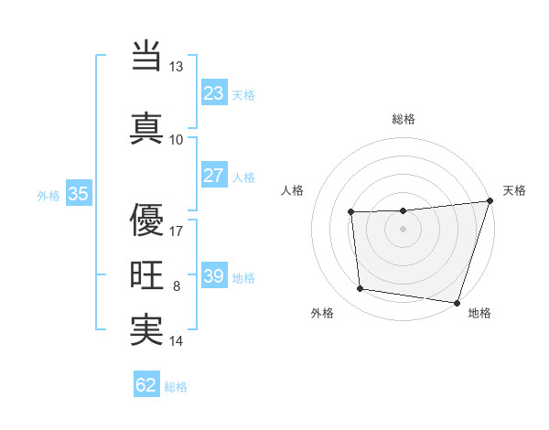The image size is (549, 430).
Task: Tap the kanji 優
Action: pos(146,220)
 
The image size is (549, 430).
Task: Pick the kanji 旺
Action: pos(146,275)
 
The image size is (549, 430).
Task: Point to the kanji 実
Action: pos(146,330)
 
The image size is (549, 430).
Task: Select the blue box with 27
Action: pos(214,176)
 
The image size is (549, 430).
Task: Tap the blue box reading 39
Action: pos(214,276)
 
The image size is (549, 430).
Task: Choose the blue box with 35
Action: pos(78,194)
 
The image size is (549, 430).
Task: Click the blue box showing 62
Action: pos(146,385)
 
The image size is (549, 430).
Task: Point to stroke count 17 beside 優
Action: pos(177,231)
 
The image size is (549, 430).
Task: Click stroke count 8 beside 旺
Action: pos(177,286)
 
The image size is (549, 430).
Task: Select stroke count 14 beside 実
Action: pos(177,341)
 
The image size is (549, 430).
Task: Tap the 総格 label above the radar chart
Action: pos(404,119)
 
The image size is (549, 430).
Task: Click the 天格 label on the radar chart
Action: pos(514,190)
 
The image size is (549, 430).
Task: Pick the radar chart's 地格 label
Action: pos(479,314)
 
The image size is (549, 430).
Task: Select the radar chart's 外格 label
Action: pos(322,314)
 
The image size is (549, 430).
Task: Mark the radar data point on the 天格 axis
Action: pos(490,201)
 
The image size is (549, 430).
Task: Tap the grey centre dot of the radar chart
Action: pos(404,230)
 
